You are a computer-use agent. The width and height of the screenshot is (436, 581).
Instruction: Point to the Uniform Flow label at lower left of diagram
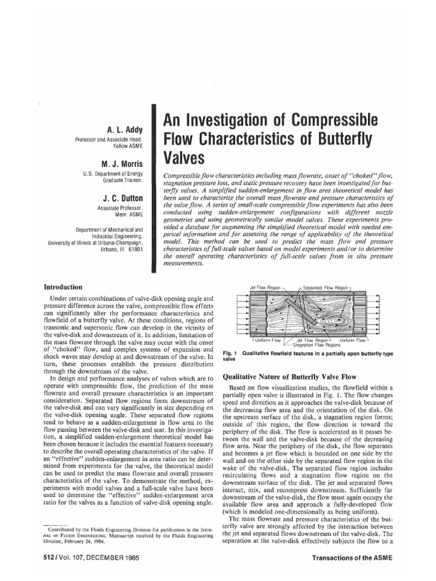[x=254, y=340]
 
